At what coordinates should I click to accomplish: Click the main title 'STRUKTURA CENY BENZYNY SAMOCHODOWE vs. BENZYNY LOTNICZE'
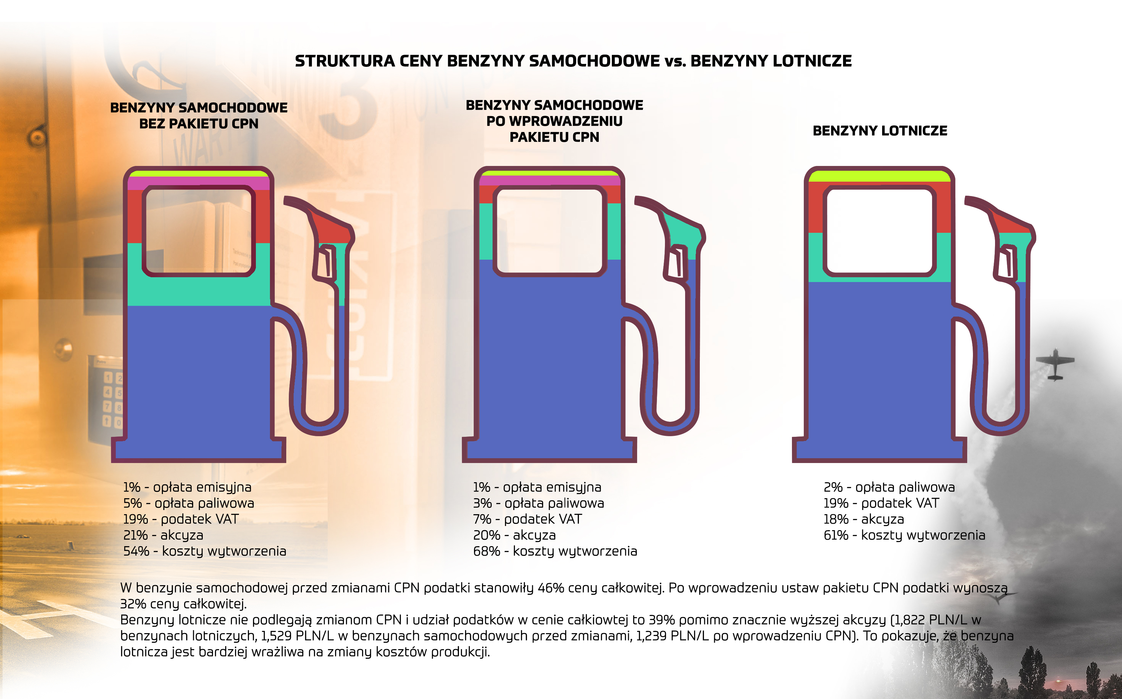pos(573,61)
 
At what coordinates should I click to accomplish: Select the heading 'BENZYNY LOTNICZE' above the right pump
pos(880,131)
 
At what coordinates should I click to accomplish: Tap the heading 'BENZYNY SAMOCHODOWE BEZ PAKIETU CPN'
pos(199,115)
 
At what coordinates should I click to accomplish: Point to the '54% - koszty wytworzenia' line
pos(204,551)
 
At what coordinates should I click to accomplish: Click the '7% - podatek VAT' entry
pos(527,519)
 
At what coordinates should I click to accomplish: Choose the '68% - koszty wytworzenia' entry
pos(555,551)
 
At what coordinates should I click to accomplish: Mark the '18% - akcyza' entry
pos(864,519)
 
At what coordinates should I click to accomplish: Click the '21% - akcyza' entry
pos(163,535)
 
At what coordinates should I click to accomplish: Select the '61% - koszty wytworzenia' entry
pos(904,535)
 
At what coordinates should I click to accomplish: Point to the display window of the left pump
pos(199,231)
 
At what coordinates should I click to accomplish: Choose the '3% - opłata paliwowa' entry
pos(538,503)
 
